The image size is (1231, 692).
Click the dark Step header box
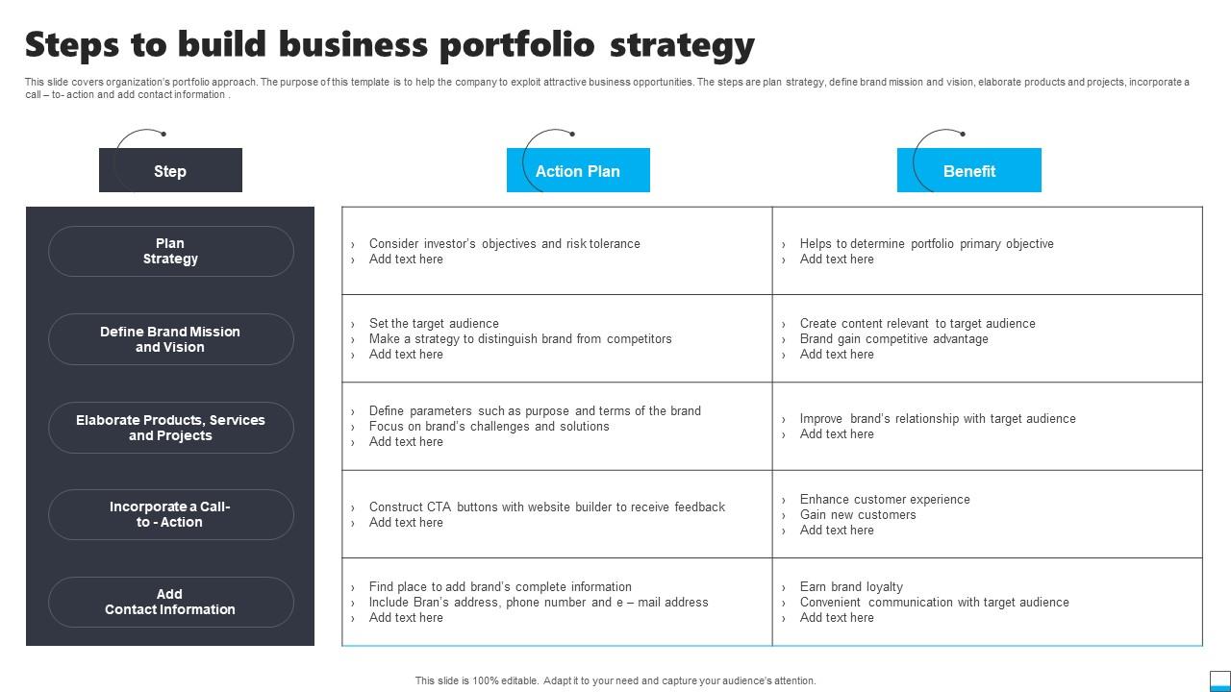point(170,170)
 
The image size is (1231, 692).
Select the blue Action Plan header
point(578,170)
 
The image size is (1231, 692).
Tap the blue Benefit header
point(968,170)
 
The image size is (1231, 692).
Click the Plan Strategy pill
point(171,251)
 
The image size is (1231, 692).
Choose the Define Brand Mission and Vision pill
point(171,339)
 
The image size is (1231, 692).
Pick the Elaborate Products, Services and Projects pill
point(171,428)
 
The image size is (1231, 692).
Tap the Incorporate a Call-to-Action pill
point(171,514)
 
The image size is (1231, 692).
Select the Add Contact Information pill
point(171,602)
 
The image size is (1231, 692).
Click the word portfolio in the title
point(518,45)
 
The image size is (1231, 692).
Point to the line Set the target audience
point(434,324)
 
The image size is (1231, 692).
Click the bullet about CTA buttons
point(547,507)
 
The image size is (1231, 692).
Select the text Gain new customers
point(858,514)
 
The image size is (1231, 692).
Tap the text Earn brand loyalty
point(851,587)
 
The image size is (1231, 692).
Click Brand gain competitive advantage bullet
point(893,339)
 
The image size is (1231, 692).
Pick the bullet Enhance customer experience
point(885,499)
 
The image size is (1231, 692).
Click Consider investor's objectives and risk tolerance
point(505,244)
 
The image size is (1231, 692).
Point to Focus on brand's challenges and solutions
point(490,426)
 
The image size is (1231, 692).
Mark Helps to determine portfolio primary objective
point(926,244)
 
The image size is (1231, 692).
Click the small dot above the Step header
point(163,134)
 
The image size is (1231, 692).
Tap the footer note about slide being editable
point(615,680)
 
